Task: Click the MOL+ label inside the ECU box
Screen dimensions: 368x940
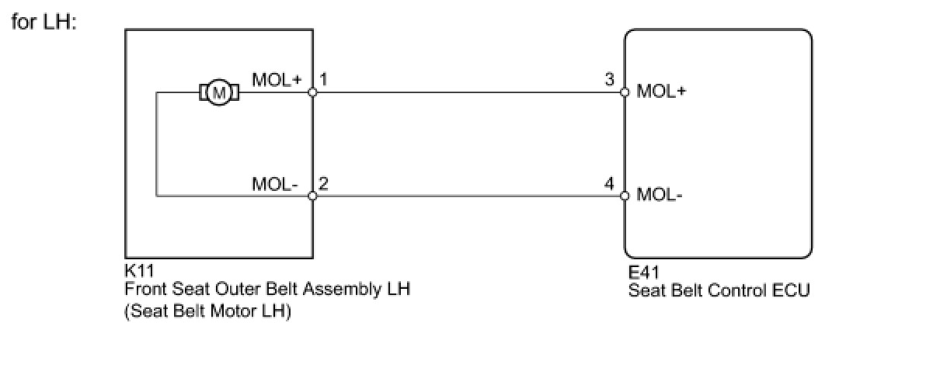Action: [661, 92]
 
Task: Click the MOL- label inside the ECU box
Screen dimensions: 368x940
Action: [660, 195]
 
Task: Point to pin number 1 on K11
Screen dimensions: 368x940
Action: [323, 79]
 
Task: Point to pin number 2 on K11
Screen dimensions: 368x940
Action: [323, 184]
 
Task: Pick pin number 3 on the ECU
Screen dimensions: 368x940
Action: [610, 79]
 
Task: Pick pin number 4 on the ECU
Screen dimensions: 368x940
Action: [610, 184]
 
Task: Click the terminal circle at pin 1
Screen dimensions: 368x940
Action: [312, 92]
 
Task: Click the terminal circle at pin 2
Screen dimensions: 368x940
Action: [312, 196]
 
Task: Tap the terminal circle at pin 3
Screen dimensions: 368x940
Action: [625, 92]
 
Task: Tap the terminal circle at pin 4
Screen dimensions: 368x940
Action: [625, 196]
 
